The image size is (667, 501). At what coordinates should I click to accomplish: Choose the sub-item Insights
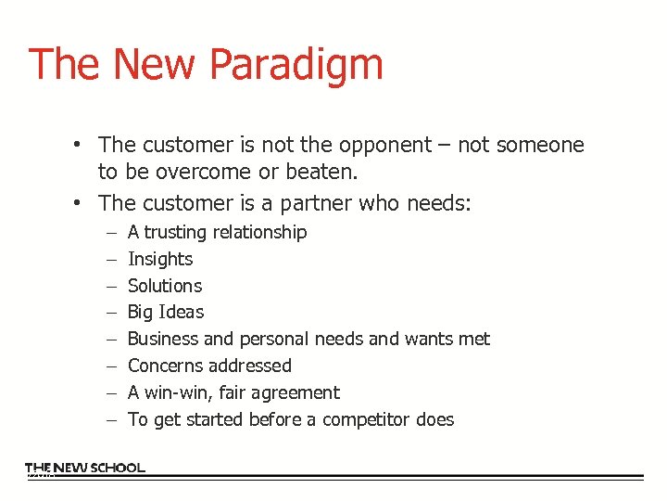(160, 259)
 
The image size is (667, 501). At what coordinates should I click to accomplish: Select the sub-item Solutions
(165, 286)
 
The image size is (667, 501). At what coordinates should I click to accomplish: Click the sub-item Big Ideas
(166, 313)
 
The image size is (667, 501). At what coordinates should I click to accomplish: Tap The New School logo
(85, 469)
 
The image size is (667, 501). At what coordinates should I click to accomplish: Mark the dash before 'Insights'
(110, 260)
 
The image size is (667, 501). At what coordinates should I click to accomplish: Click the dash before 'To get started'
(110, 420)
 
